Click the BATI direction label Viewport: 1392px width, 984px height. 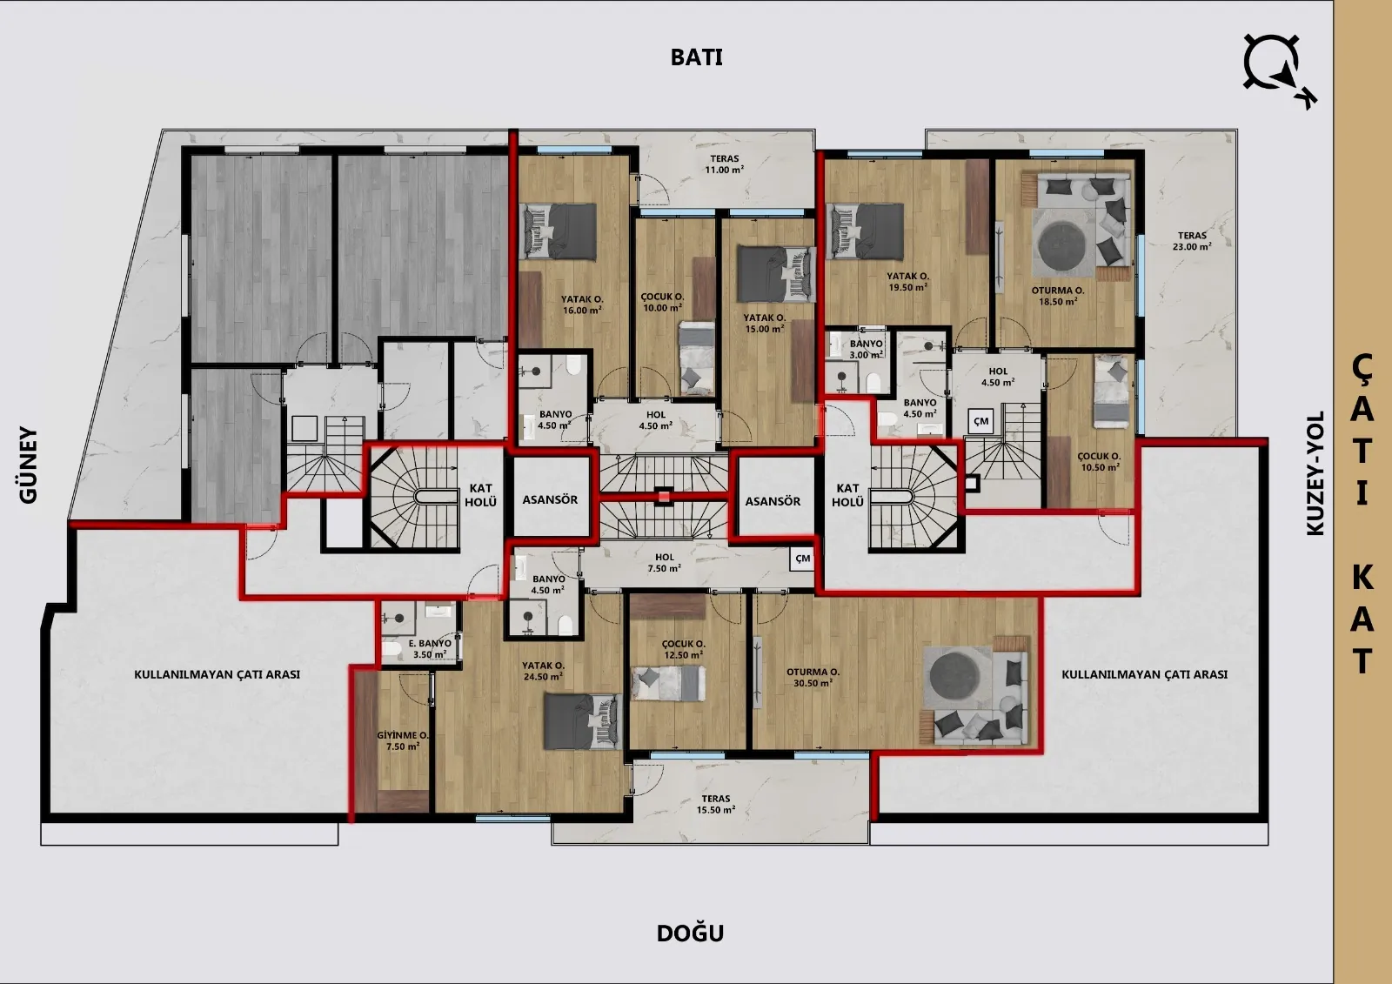pos(696,57)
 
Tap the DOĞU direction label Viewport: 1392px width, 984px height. pos(691,933)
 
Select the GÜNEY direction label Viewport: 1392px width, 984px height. pos(29,465)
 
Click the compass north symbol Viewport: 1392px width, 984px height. pos(1279,70)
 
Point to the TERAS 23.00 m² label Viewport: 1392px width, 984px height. pos(1192,240)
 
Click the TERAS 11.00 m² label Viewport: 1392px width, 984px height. pos(725,164)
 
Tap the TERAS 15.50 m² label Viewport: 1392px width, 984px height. pos(716,804)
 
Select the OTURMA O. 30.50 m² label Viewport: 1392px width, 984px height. pos(813,677)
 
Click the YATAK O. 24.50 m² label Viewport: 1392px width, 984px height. pos(543,671)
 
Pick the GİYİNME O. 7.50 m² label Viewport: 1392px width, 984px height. pos(403,740)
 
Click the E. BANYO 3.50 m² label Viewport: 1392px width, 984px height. pos(430,649)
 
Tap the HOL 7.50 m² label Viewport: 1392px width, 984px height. pos(665,563)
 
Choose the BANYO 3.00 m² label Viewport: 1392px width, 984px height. pos(867,349)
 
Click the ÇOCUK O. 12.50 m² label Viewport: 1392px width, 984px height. pos(684,649)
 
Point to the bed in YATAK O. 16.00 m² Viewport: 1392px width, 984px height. pos(559,231)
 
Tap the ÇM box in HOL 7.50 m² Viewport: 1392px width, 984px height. pos(802,559)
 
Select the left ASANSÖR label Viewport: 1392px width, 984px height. pos(550,499)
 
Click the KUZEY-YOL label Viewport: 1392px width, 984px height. pos(1315,473)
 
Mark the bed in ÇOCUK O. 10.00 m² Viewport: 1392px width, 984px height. pos(697,358)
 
